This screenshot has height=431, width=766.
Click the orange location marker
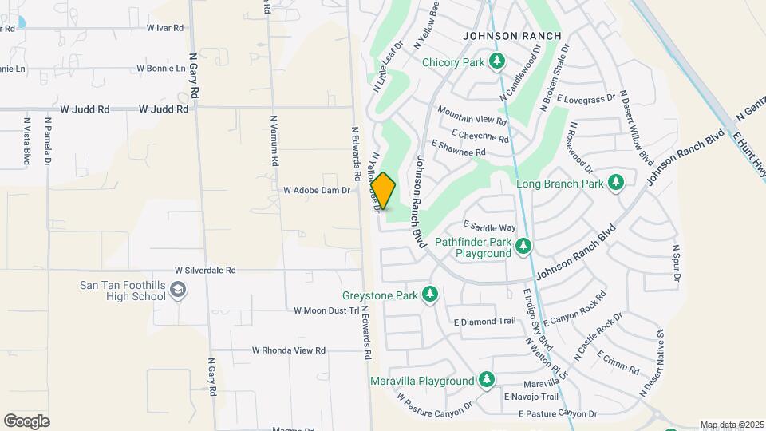384,192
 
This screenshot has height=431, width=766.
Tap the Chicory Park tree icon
498,61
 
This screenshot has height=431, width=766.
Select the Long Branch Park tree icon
615,184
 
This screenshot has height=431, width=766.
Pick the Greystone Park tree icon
430,295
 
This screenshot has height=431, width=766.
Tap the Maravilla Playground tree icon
487,381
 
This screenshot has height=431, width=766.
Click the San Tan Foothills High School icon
178,291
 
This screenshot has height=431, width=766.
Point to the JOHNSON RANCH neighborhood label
512,36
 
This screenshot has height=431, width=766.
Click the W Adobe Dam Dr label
317,191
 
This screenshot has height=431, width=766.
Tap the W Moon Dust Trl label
327,310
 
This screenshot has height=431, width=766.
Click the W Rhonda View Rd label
289,350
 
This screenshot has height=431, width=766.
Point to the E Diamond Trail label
484,322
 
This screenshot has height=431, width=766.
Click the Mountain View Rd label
472,117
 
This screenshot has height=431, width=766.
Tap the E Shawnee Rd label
457,148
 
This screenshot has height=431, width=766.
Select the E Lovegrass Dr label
586,99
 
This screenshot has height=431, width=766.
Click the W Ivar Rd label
165,27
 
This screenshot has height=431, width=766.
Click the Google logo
26,421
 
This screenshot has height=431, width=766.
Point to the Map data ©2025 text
731,425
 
